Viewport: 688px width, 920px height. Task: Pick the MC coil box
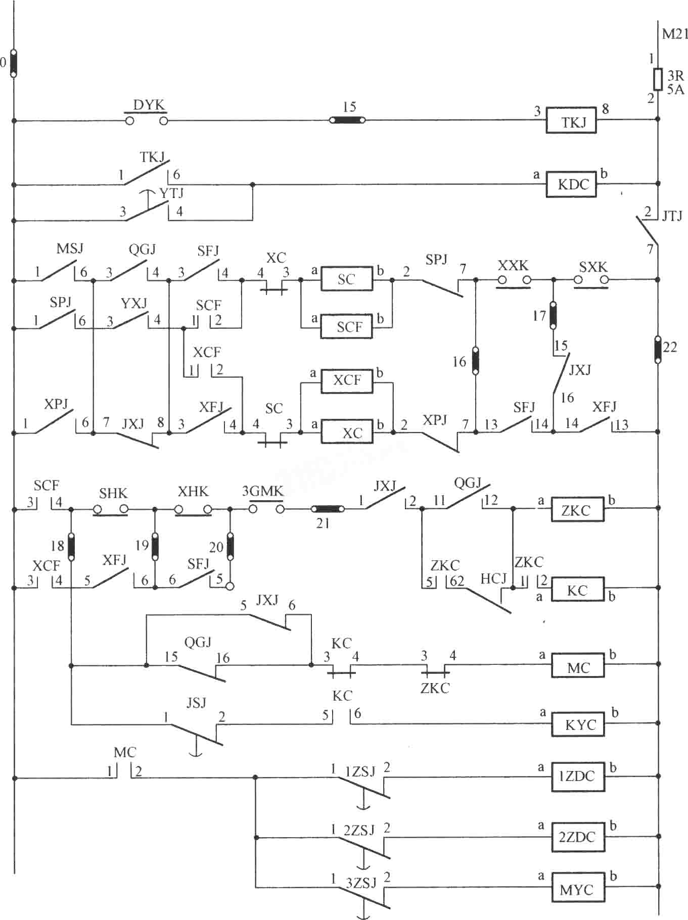(x=577, y=666)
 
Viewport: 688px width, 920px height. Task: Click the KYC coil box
(x=577, y=724)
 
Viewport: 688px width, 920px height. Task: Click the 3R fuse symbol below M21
(x=658, y=79)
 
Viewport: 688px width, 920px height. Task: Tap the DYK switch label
(x=149, y=105)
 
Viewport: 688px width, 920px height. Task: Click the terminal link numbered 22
(x=658, y=349)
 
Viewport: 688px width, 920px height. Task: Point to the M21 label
(x=675, y=34)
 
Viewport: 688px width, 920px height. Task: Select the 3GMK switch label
(x=262, y=491)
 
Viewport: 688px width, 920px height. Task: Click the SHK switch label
(x=113, y=493)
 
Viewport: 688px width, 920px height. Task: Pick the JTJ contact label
(x=672, y=216)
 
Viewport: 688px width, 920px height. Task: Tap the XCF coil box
(x=347, y=380)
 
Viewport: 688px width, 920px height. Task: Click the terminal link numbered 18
(x=71, y=546)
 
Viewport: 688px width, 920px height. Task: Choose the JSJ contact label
(x=196, y=702)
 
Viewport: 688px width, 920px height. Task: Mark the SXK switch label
(x=593, y=266)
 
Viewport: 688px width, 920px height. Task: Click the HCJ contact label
(x=493, y=578)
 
